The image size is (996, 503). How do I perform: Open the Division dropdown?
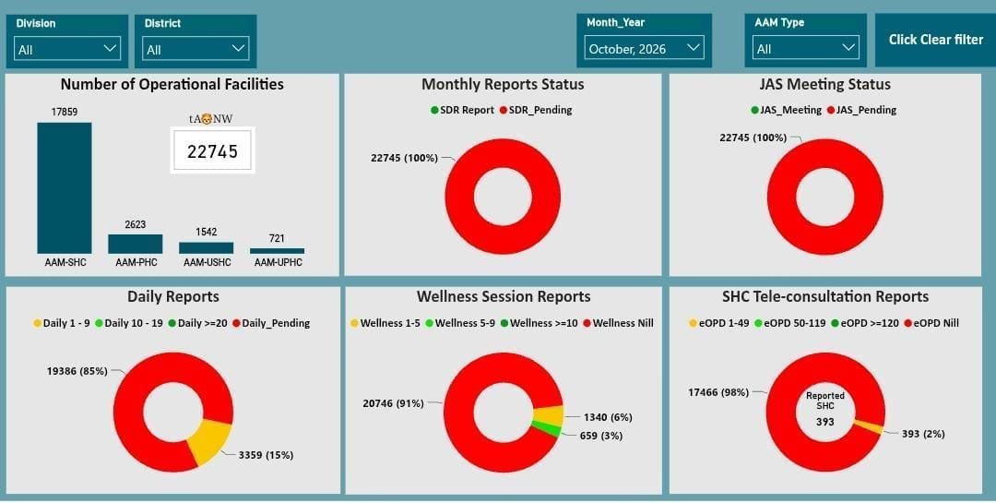point(66,48)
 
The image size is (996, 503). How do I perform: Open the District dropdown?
point(195,48)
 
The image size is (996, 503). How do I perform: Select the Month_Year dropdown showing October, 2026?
point(644,48)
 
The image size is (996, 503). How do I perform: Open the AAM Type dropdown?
point(805,48)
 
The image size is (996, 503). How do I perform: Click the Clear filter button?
point(935,40)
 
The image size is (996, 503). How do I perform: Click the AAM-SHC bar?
point(65,188)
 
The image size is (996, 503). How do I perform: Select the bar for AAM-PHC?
point(136,245)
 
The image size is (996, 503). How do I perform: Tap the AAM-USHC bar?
point(206,248)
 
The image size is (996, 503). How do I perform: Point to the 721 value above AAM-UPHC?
point(277,238)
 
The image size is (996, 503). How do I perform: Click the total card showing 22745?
point(212,150)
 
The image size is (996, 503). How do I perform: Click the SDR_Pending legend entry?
point(536,110)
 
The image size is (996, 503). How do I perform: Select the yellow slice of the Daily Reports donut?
point(210,440)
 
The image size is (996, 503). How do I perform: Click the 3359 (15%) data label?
point(266,455)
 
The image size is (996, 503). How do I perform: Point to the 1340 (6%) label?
point(607,418)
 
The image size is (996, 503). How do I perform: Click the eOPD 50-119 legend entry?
point(790,323)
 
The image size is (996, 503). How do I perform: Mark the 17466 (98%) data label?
point(717,392)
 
